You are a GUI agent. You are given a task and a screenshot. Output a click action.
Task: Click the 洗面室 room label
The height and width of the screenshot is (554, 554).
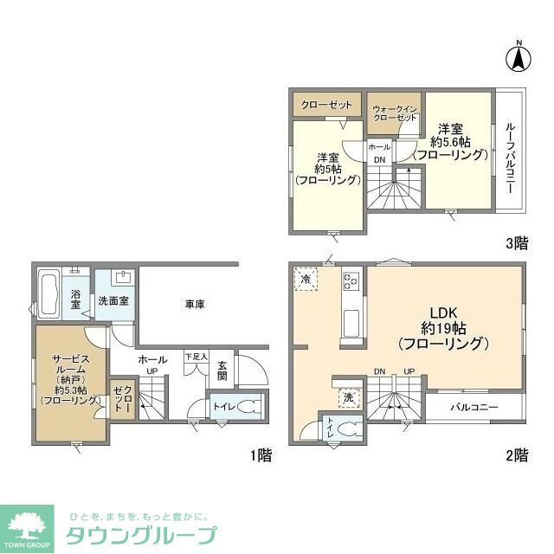point(113,302)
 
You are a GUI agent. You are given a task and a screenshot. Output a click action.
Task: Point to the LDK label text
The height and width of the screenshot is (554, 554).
point(443,312)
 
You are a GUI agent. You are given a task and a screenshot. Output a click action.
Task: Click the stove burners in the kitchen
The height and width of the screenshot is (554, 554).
point(352,280)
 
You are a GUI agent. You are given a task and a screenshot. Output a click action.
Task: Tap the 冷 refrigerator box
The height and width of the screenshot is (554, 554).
point(306,279)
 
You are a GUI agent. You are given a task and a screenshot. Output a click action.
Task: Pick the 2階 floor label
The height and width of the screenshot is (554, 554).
point(516,455)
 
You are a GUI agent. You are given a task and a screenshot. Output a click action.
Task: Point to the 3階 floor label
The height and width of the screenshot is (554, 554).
point(516,244)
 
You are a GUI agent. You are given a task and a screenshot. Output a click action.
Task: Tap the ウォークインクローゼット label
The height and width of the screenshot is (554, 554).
point(395,112)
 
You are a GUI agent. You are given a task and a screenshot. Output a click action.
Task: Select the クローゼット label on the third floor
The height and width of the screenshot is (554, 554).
point(326,105)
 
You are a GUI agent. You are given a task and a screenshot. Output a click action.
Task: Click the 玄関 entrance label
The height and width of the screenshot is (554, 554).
point(222,370)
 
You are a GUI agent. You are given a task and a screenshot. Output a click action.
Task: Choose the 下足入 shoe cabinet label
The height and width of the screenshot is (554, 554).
point(196,356)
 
